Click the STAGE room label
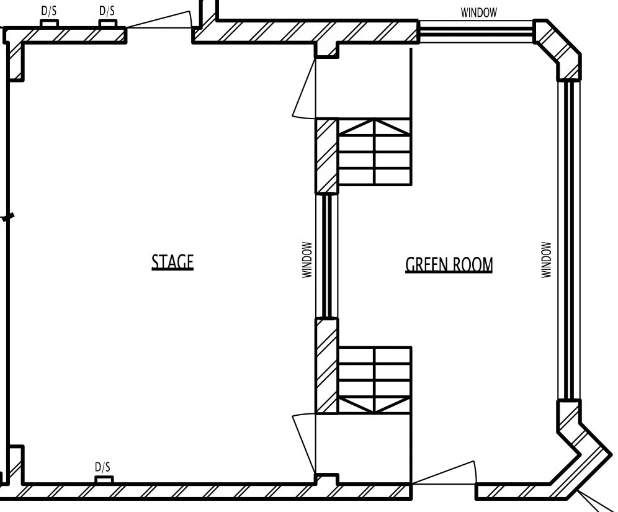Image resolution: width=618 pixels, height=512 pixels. [x=172, y=262]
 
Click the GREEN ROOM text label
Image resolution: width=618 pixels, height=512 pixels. [x=449, y=265]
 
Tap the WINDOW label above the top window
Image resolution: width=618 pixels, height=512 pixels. [x=478, y=12]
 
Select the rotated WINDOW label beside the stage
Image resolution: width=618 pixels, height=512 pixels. [x=307, y=259]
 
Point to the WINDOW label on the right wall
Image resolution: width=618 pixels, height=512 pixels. [x=546, y=259]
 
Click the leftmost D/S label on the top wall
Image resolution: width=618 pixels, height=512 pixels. [x=49, y=11]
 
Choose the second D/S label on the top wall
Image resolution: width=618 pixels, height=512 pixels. [x=107, y=11]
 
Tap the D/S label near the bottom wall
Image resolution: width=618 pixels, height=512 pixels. [x=103, y=467]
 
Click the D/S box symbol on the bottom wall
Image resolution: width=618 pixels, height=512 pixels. [x=104, y=479]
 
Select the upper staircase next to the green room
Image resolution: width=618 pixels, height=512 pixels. [x=374, y=152]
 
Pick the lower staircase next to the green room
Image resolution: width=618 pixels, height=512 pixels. [x=374, y=380]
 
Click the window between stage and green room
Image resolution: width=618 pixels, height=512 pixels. [x=326, y=256]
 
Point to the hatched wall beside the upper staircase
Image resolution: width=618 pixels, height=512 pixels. [x=326, y=156]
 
